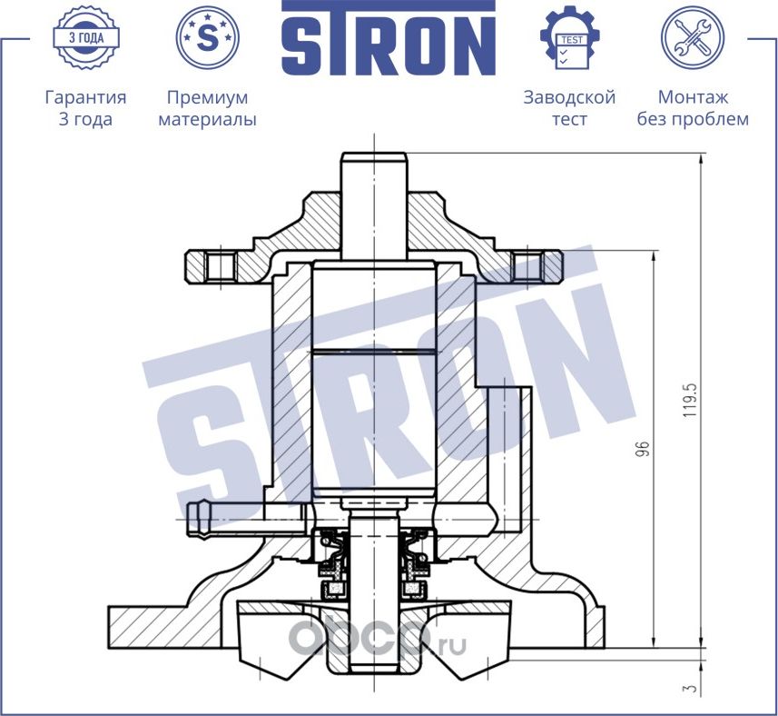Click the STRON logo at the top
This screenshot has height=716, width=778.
click(388, 39)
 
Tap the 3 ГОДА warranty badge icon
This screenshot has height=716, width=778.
click(85, 38)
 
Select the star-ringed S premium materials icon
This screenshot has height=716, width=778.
click(207, 38)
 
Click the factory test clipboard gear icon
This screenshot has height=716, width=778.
click(569, 39)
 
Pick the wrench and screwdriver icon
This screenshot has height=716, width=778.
click(692, 38)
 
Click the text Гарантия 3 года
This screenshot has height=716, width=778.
click(85, 108)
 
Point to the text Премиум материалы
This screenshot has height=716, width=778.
click(207, 108)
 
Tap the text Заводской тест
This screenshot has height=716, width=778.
click(569, 108)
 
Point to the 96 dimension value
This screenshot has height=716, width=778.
click(643, 449)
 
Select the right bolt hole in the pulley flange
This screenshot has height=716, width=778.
click(527, 265)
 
